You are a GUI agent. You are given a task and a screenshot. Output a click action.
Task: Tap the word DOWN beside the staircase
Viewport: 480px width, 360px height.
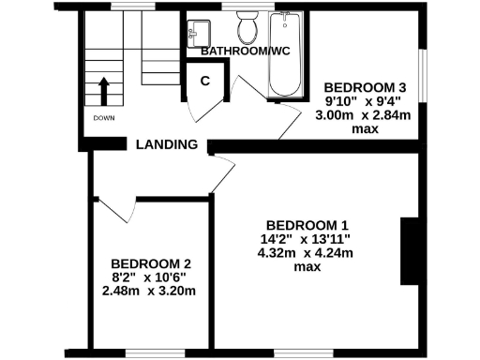coord(104,118)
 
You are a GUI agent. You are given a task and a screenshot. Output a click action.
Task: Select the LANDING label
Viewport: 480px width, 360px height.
coord(167,144)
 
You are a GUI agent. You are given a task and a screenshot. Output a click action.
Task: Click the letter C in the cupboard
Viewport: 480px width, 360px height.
coord(204,81)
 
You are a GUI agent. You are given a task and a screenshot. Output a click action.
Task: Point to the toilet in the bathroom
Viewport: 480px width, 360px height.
coord(248,29)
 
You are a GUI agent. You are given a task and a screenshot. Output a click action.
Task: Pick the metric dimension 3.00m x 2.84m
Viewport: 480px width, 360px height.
coord(365,114)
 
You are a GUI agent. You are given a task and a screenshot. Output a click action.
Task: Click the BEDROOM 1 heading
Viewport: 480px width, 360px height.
coord(307,225)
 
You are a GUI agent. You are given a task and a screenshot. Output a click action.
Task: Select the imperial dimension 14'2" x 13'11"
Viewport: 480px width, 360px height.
coord(307,239)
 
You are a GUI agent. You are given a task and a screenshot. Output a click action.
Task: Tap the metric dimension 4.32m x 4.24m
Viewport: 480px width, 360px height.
coord(307,253)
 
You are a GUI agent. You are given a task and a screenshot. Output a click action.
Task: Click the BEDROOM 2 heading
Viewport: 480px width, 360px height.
coord(151,263)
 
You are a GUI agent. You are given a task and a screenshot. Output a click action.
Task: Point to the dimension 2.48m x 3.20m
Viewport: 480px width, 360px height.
coord(151,291)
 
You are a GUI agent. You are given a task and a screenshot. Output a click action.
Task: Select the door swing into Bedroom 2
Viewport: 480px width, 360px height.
coord(111,206)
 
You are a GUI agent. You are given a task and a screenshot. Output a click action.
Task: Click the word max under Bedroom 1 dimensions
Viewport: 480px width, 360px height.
coord(307,267)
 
